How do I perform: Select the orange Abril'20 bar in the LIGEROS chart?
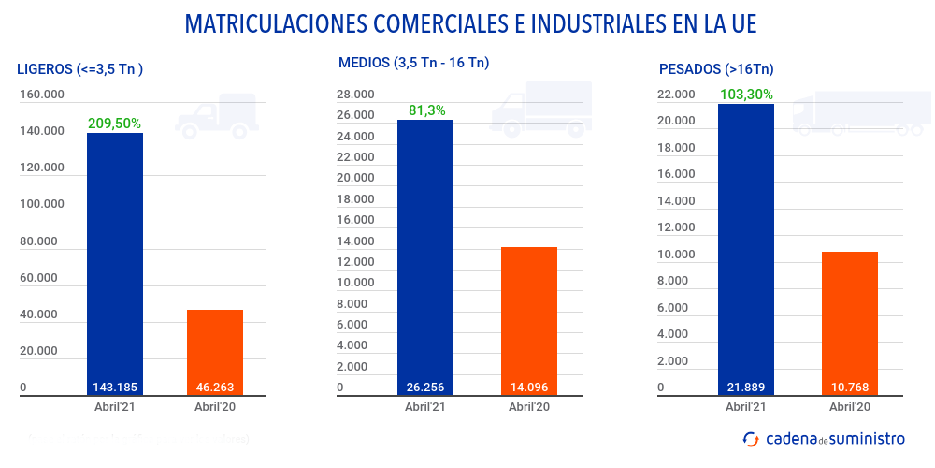pyautogui.click(x=215, y=346)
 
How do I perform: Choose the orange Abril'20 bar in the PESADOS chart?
pyautogui.click(x=850, y=318)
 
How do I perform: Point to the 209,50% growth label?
pyautogui.click(x=114, y=123)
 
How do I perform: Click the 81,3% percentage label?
pyautogui.click(x=426, y=110)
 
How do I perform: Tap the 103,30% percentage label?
pyautogui.click(x=746, y=94)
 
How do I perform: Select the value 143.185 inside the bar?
pyautogui.click(x=115, y=388)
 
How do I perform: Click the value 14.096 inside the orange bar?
pyautogui.click(x=529, y=388)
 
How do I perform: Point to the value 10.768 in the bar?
pyautogui.click(x=850, y=388)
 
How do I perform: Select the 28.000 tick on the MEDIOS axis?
pyautogui.click(x=355, y=95)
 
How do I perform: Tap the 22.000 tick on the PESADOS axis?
pyautogui.click(x=676, y=95)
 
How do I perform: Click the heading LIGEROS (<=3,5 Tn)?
pyautogui.click(x=79, y=68)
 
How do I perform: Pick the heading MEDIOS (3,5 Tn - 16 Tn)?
pyautogui.click(x=414, y=63)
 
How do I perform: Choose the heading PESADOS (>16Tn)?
pyautogui.click(x=716, y=68)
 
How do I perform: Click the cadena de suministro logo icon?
pyautogui.click(x=751, y=438)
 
